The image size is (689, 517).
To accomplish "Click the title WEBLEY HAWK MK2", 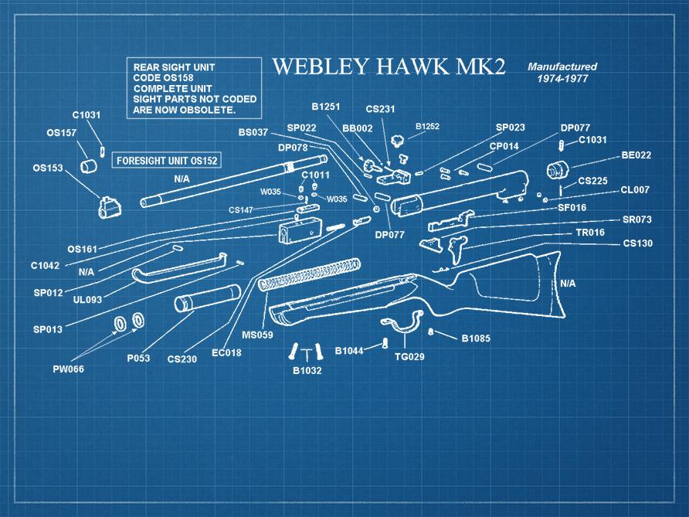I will tap(389, 67).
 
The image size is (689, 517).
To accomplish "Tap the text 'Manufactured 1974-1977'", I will tap(562, 73).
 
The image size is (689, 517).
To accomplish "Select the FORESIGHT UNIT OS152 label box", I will tap(166, 161).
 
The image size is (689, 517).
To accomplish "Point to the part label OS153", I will tap(48, 168).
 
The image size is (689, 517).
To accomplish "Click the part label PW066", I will tap(68, 369).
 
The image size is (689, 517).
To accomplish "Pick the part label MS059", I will tap(257, 335).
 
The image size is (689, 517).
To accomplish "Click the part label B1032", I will tap(307, 370).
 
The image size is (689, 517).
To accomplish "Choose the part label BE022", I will tap(636, 155).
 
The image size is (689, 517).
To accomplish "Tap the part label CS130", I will tap(637, 243).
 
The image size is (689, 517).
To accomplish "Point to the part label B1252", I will tap(427, 126).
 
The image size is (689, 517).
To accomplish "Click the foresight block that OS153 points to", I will tap(109, 207).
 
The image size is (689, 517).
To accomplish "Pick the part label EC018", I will tap(226, 354).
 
